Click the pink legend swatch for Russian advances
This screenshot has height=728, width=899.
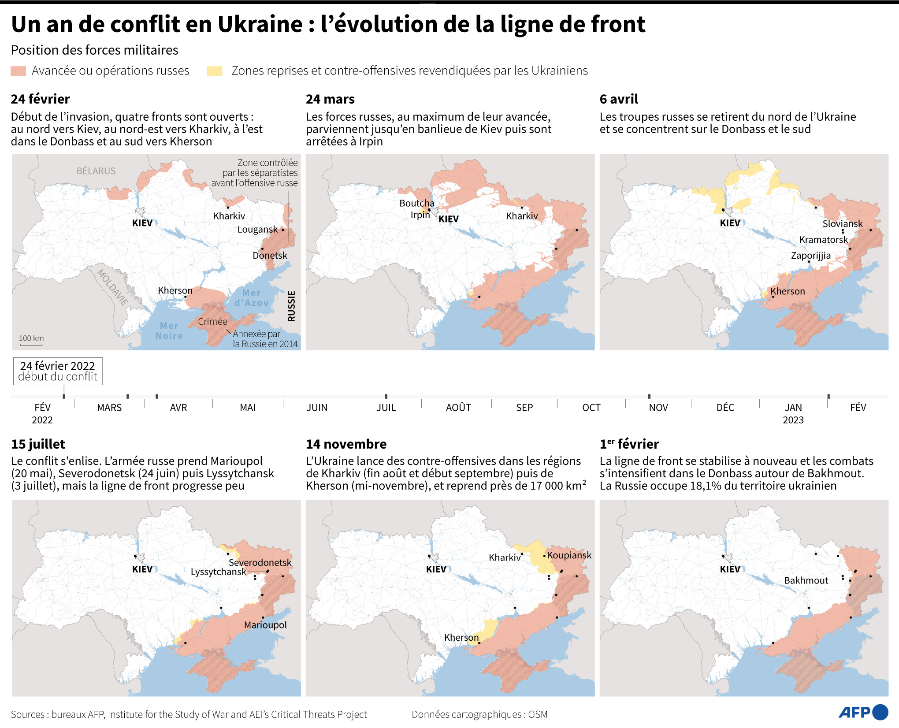tap(18, 71)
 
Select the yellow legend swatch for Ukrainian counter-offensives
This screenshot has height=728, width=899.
tap(215, 71)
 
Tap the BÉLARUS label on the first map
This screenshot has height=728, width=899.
tap(96, 171)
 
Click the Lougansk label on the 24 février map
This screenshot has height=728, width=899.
tap(257, 230)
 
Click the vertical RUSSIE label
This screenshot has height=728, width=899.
tap(291, 306)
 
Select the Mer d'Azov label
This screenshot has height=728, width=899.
tap(251, 298)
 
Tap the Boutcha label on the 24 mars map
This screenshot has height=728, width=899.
tap(416, 203)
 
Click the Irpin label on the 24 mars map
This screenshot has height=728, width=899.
tap(420, 215)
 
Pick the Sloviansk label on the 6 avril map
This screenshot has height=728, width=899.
tap(842, 224)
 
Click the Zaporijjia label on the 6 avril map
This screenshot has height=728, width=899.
tap(810, 256)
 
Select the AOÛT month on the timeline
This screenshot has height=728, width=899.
tap(458, 408)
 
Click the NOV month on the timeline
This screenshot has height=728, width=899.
tap(658, 408)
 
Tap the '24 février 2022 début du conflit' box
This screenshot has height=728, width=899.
tap(58, 371)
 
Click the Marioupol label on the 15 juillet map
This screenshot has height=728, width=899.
tap(265, 625)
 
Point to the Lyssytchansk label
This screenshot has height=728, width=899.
tap(218, 572)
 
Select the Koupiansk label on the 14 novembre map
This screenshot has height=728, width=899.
tap(569, 555)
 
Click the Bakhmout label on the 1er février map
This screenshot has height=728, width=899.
tap(806, 581)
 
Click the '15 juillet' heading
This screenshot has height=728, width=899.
tap(38, 444)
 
